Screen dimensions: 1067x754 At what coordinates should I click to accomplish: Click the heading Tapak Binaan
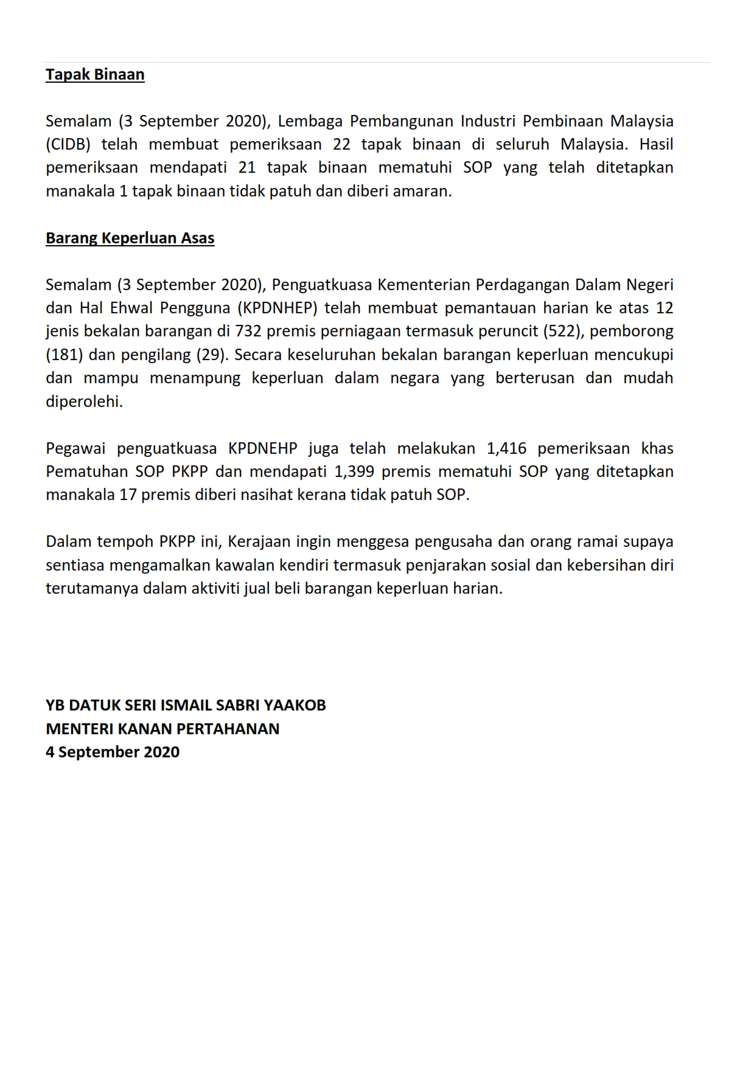click(x=95, y=75)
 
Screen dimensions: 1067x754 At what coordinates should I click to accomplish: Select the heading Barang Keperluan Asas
click(x=130, y=238)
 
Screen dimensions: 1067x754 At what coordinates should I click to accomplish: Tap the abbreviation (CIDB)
click(x=68, y=145)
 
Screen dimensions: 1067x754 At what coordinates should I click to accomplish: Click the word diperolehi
click(x=84, y=402)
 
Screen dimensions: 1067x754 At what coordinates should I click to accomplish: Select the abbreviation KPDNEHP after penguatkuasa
click(x=263, y=449)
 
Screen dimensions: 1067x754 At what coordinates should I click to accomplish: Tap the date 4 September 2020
click(x=113, y=752)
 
